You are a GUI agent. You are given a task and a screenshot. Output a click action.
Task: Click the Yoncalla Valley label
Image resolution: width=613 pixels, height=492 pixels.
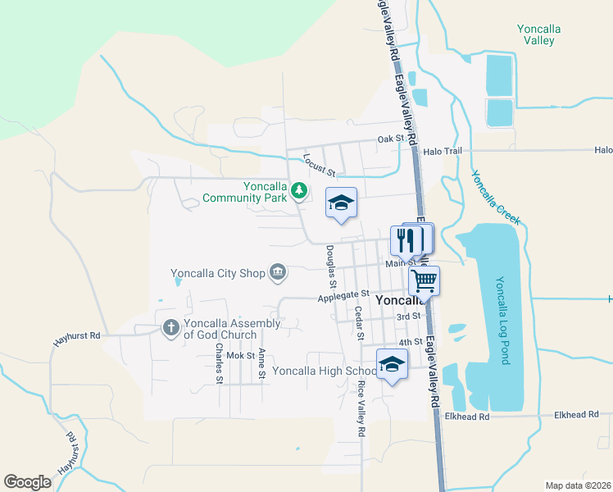click(538, 34)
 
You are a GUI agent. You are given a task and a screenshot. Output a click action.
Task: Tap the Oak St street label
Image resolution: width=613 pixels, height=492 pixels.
click(391, 139)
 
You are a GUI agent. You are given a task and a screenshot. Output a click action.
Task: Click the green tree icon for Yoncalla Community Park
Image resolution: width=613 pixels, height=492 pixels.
click(299, 191)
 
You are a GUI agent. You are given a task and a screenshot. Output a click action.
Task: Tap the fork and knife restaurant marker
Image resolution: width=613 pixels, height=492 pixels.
click(406, 240)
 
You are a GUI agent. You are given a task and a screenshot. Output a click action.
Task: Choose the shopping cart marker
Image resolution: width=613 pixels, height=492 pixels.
click(424, 280)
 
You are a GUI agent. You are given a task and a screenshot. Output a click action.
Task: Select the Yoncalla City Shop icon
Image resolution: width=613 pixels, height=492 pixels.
click(278, 271)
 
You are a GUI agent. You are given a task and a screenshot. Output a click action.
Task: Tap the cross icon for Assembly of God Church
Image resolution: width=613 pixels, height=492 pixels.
click(170, 328)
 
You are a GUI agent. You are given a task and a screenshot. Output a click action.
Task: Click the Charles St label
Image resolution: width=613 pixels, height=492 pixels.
click(219, 362)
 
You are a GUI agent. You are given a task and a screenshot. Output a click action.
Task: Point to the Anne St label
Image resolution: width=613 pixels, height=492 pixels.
click(262, 364)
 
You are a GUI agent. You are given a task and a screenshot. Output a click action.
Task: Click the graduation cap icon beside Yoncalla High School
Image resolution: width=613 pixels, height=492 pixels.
click(392, 363)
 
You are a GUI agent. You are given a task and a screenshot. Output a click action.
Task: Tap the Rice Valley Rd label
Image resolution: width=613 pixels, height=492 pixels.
click(360, 408)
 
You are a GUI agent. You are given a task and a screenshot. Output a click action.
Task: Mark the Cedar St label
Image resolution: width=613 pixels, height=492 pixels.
click(358, 323)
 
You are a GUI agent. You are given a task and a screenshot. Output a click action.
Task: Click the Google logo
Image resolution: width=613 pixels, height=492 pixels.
click(28, 481)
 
